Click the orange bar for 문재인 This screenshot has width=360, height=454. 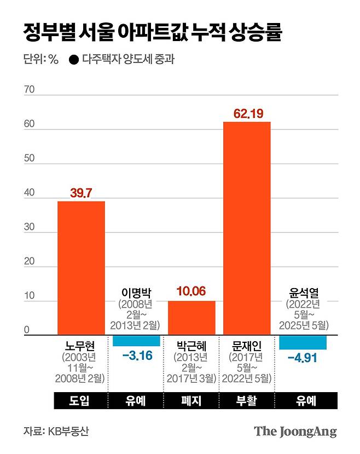[247, 228]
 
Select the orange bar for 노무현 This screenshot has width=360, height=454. [81, 268]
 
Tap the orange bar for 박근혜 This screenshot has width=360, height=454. [191, 318]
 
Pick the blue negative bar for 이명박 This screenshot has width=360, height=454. [136, 341]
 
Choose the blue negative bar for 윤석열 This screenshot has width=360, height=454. [303, 342]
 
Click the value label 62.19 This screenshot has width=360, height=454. [248, 114]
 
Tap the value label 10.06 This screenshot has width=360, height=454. [191, 292]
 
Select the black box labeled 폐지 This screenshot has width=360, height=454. [191, 401]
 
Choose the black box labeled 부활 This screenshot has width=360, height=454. [247, 401]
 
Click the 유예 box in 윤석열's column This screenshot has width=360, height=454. [303, 401]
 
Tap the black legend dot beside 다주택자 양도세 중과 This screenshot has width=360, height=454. [73, 60]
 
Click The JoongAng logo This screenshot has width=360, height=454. [295, 431]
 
